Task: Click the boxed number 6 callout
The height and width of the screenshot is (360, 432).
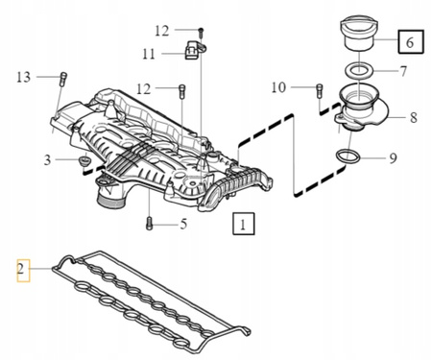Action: click(411, 41)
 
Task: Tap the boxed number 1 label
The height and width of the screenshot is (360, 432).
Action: click(244, 224)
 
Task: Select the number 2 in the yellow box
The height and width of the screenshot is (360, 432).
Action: click(23, 271)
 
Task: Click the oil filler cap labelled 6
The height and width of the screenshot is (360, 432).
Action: click(360, 35)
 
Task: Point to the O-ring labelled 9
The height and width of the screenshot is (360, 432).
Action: click(348, 156)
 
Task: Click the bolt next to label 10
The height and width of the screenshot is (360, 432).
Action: click(320, 90)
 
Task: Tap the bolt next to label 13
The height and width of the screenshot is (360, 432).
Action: click(63, 79)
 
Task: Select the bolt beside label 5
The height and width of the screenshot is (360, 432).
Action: click(150, 223)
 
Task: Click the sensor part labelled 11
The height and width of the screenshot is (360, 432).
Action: click(194, 50)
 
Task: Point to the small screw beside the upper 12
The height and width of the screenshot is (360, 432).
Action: click(201, 33)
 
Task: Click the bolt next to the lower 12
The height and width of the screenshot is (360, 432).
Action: click(181, 91)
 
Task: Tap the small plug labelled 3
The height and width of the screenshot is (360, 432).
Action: click(84, 160)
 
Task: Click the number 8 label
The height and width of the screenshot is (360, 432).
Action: click(414, 117)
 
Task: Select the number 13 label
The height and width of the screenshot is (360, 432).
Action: click(23, 77)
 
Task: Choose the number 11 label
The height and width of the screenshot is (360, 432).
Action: click(149, 54)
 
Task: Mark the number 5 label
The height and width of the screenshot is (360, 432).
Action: click(183, 224)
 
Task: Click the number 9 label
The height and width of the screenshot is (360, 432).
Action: click(393, 158)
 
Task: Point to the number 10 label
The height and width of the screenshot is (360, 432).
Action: click(278, 87)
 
